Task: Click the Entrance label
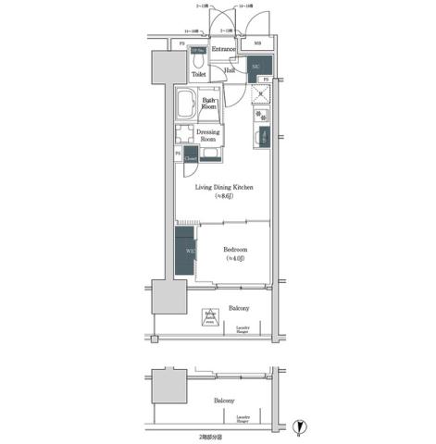224,49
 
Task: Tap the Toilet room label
199,75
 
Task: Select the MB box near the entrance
256,43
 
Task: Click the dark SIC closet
256,67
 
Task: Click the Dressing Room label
209,135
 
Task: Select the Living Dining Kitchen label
223,189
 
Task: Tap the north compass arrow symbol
297,427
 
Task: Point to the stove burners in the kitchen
261,117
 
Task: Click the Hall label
229,70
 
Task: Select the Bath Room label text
209,103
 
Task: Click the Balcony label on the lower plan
224,401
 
